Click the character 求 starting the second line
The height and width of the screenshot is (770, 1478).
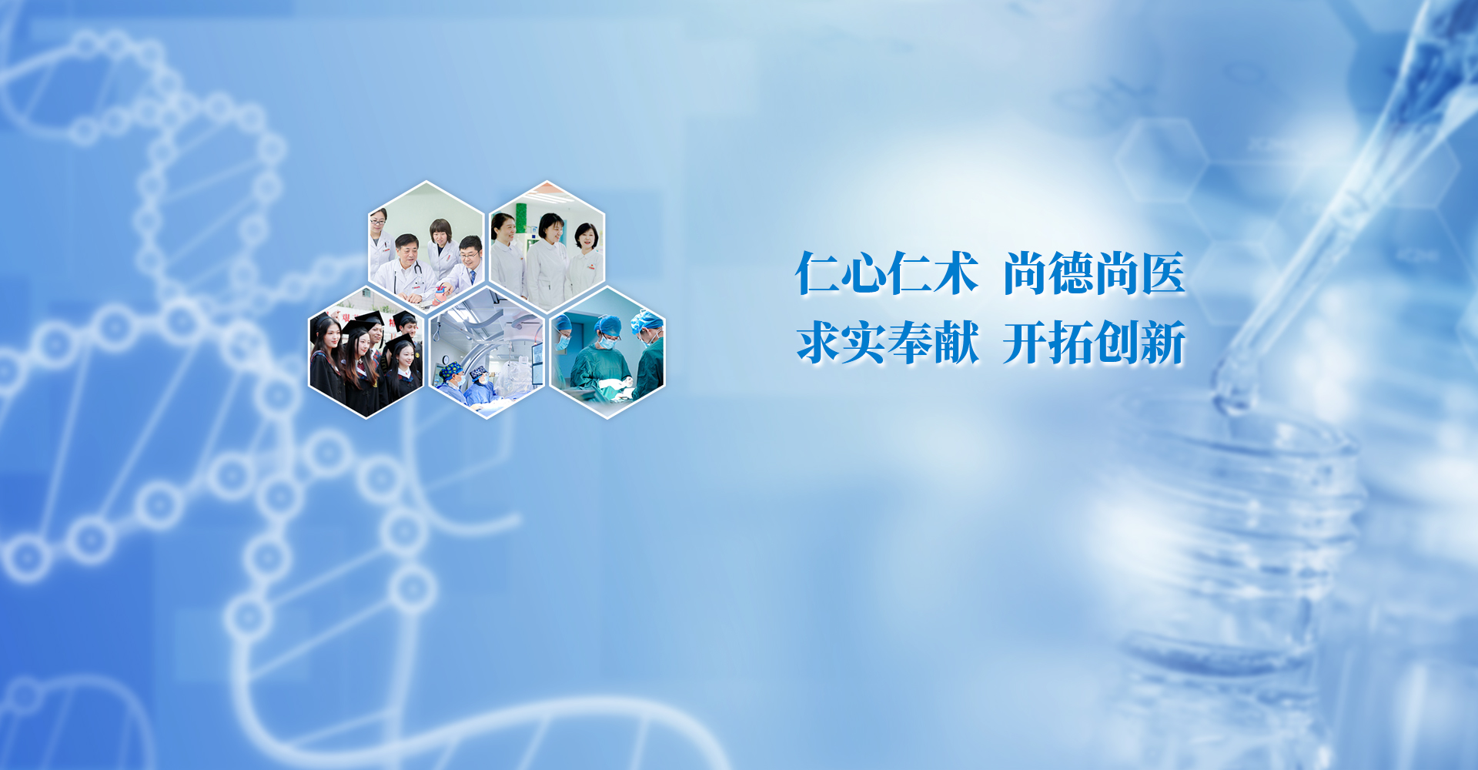(x=818, y=343)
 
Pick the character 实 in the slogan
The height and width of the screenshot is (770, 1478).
(x=864, y=343)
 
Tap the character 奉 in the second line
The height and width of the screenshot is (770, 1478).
(x=910, y=343)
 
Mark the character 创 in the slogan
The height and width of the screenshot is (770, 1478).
(x=1117, y=343)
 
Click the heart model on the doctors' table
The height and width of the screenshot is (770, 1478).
(x=440, y=292)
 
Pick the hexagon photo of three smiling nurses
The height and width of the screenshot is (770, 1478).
(x=547, y=246)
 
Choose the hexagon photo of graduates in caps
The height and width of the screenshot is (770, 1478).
(x=366, y=353)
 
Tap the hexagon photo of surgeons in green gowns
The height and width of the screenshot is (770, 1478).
(x=607, y=353)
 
